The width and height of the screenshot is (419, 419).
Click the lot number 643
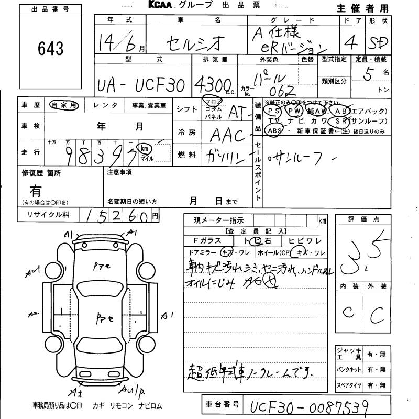pos(51,49)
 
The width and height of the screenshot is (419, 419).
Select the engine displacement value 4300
pos(212,84)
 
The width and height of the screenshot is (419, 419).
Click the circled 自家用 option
pos(63,105)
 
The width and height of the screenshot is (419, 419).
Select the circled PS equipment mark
pos(272,111)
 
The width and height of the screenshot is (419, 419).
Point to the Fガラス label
pos(206,240)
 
